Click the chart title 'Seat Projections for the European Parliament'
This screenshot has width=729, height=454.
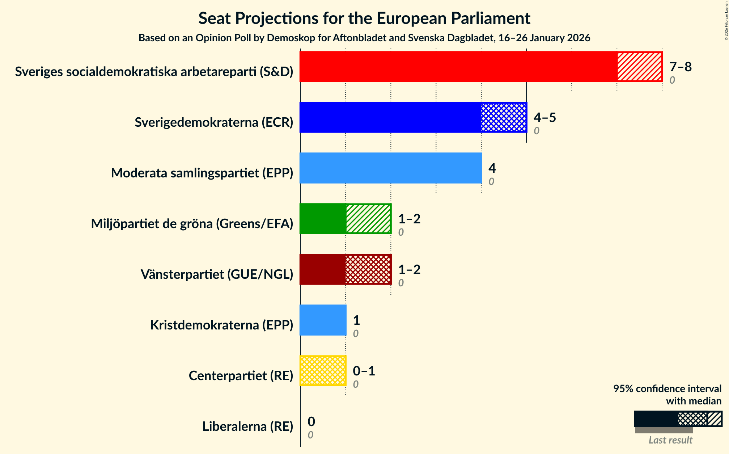pos(364,18)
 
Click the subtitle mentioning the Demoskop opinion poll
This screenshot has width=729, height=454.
pos(364,38)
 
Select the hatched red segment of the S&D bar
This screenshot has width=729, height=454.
pos(639,67)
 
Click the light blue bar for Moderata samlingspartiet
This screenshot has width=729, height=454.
pos(391,168)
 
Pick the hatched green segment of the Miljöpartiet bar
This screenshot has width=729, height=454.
pos(368,219)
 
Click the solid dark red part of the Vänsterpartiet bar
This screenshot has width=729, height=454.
pos(322,269)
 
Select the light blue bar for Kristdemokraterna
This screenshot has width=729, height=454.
pos(323,320)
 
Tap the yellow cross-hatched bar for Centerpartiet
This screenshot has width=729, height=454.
pos(323,371)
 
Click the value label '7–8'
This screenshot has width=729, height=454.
pos(680,67)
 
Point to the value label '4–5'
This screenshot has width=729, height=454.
pos(544,118)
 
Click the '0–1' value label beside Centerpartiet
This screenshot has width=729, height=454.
pos(364,371)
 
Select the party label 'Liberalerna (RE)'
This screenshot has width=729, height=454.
pos(247,426)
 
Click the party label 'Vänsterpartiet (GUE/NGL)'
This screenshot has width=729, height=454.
pos(217,274)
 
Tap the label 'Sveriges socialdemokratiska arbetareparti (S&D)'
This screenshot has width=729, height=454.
pos(154,72)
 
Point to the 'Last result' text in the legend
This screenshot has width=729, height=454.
pos(670,440)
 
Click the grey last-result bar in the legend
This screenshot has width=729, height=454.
pos(664,430)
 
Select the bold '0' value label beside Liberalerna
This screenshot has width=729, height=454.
pos(311,421)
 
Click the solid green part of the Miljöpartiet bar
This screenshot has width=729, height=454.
pos(322,219)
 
